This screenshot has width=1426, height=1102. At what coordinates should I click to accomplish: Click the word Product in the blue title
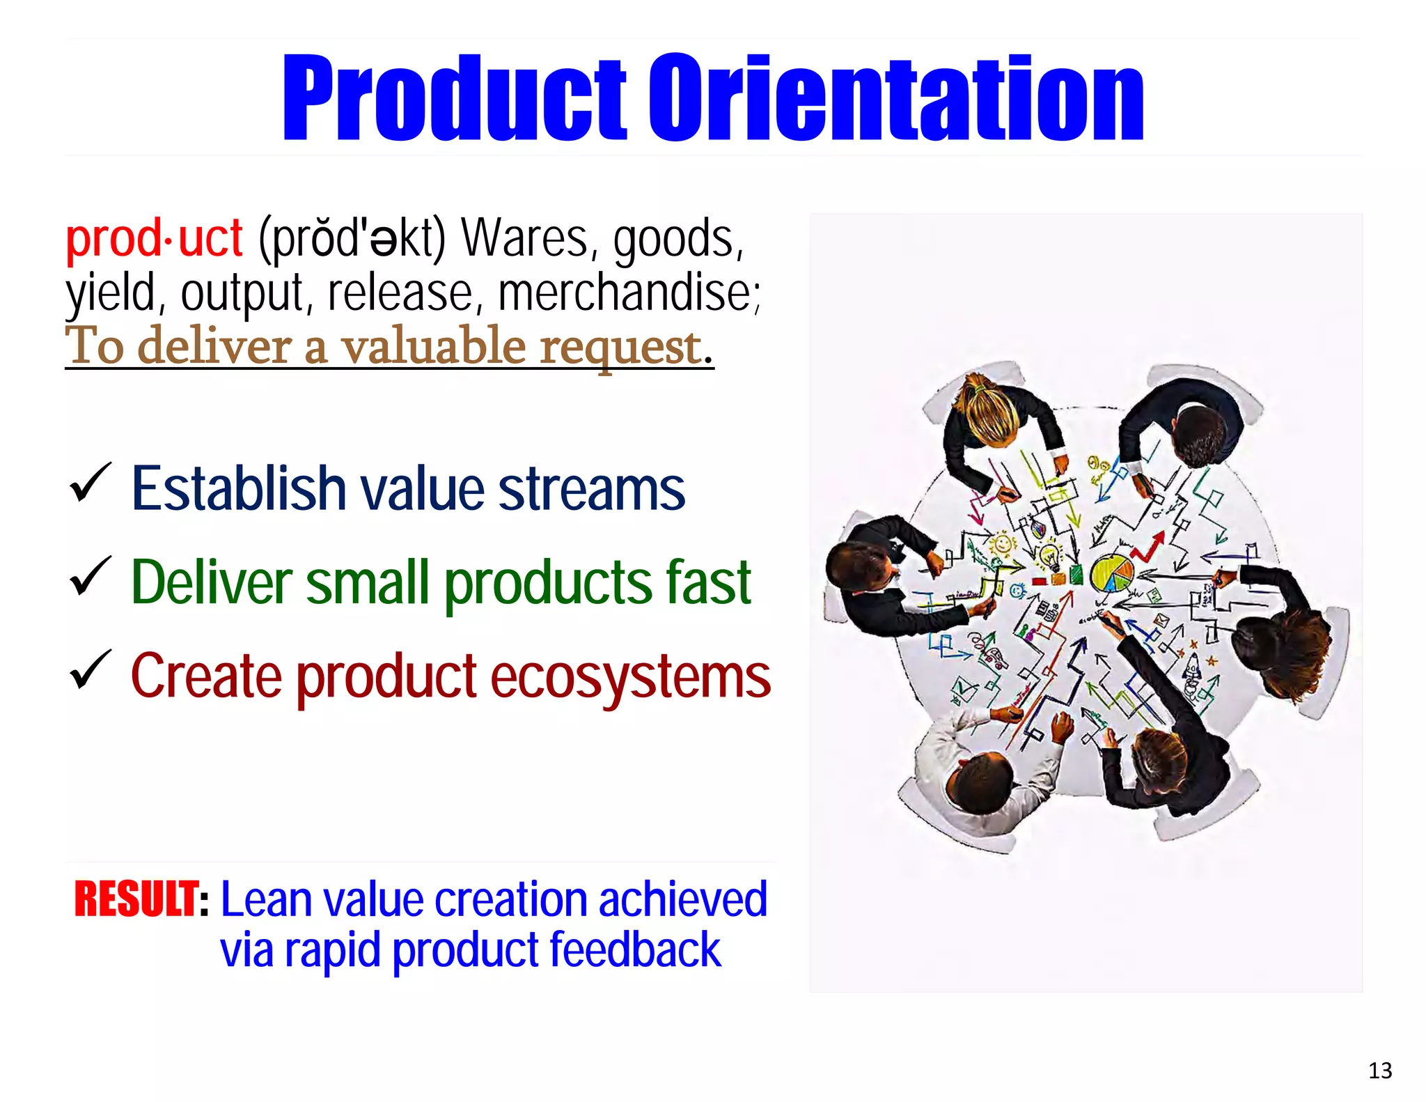pyautogui.click(x=455, y=98)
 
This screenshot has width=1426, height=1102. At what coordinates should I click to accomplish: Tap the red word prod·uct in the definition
pyautogui.click(x=154, y=238)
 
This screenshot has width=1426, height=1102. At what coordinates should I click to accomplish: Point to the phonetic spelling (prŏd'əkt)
pyautogui.click(x=352, y=238)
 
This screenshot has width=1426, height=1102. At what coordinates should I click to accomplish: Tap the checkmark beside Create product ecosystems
pyautogui.click(x=90, y=669)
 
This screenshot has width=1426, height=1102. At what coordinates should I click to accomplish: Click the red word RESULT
pyautogui.click(x=136, y=899)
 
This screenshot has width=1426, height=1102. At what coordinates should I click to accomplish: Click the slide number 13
pyautogui.click(x=1379, y=1071)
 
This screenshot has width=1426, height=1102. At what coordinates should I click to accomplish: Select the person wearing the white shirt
pyautogui.click(x=975, y=766)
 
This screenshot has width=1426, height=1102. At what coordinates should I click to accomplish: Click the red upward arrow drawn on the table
pyautogui.click(x=1149, y=548)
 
